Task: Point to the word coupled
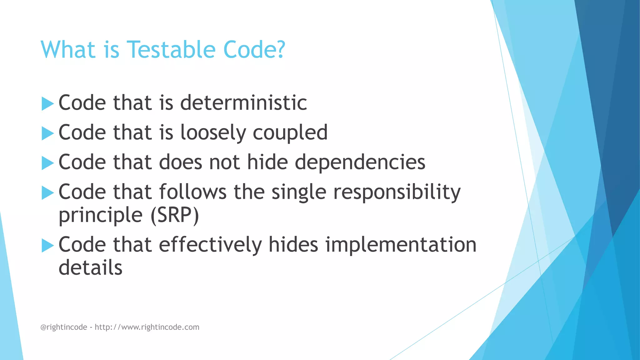tap(290, 132)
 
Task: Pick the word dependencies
tap(360, 162)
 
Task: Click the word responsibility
tap(397, 192)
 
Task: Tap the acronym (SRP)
tap(174, 216)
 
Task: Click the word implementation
tap(401, 244)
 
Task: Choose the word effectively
tap(210, 244)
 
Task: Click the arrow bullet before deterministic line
tap(47, 103)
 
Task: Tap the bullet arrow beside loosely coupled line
tap(47, 133)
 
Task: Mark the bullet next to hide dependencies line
tap(47, 163)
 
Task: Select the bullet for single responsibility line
tap(47, 192)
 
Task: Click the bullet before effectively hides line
tap(47, 245)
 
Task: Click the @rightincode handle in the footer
tap(64, 327)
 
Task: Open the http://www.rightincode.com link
tap(147, 327)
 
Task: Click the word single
tap(299, 192)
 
